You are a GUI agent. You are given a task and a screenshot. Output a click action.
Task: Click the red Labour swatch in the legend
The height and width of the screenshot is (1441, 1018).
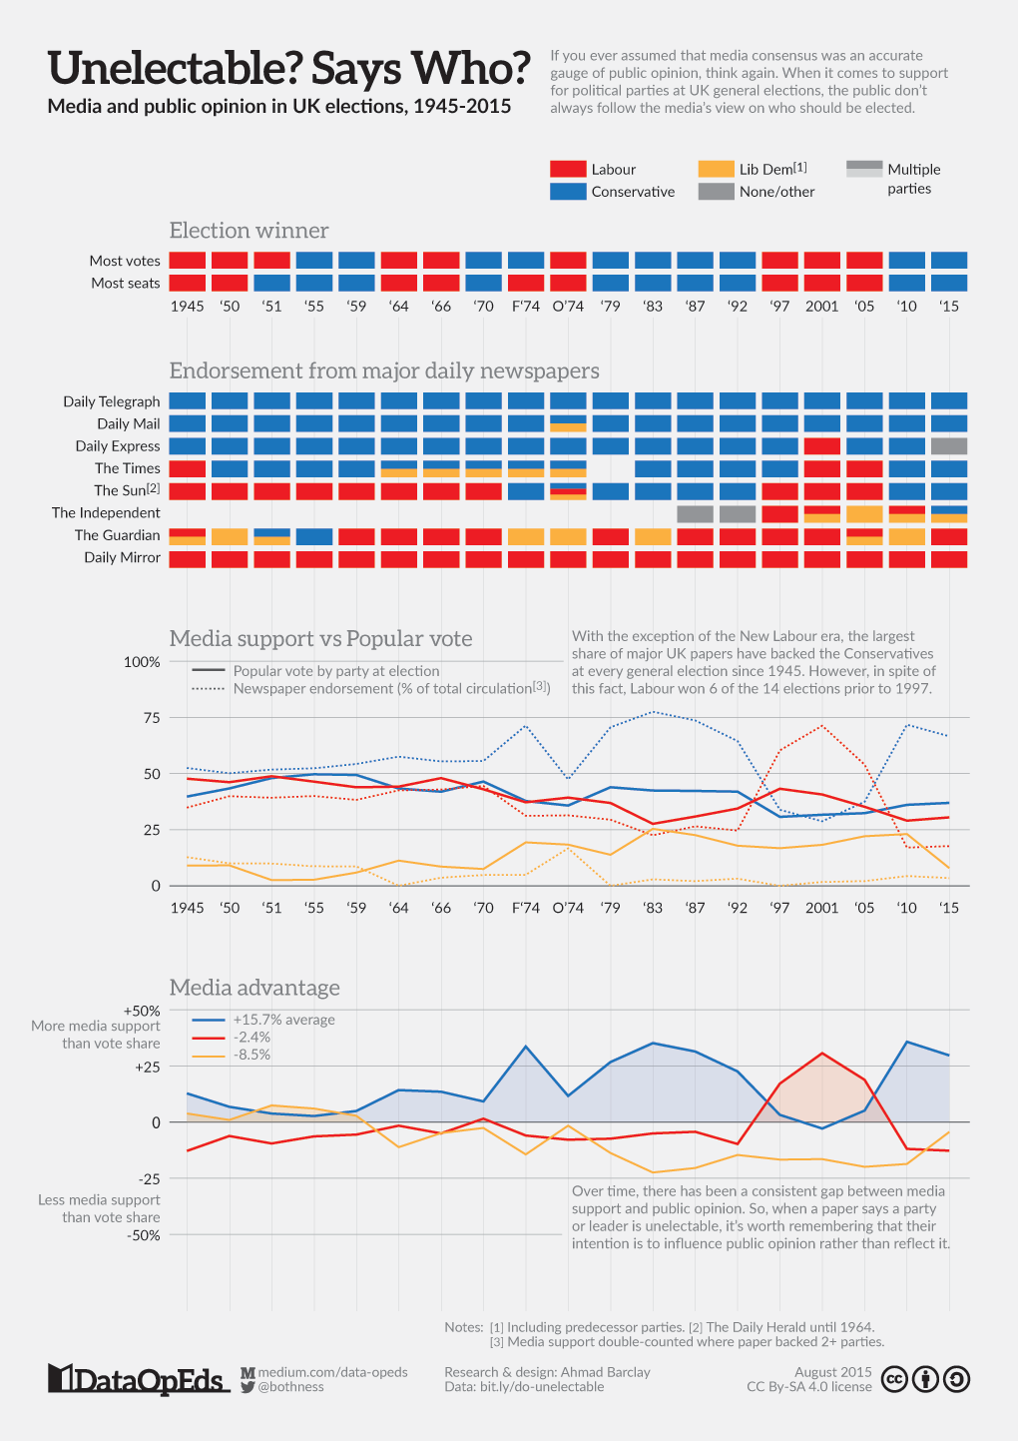(568, 169)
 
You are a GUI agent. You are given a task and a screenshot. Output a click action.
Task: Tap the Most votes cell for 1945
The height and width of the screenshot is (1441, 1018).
(188, 260)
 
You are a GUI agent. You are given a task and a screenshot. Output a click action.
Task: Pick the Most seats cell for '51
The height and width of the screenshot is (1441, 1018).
(272, 283)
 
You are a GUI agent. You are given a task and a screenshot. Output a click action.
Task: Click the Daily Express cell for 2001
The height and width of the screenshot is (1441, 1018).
(821, 445)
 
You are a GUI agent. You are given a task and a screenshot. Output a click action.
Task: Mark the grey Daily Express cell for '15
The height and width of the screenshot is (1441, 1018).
(949, 445)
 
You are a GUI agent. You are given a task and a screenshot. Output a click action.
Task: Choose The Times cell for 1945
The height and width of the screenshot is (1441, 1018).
(188, 468)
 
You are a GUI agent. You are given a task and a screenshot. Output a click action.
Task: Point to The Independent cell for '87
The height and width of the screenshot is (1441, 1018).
(696, 513)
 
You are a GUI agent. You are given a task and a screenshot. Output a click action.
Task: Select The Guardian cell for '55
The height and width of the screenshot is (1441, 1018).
(314, 536)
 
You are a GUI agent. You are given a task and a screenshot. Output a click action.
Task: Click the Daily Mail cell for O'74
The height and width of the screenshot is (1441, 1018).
(568, 423)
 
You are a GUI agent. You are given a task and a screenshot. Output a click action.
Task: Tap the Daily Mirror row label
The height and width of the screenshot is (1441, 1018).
(122, 558)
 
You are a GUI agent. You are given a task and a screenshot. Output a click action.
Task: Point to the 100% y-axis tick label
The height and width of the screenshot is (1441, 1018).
(142, 662)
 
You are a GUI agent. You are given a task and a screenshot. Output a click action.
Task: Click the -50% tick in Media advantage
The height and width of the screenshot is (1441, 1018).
(144, 1235)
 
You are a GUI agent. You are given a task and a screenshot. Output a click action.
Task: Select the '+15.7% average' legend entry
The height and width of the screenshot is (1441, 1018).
(263, 1020)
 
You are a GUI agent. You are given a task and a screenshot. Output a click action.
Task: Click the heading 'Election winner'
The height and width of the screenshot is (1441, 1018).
(249, 231)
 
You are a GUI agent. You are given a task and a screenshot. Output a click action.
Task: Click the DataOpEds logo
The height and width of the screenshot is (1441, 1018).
(139, 1379)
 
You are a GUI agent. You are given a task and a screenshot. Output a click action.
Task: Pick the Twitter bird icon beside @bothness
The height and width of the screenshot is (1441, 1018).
(248, 1388)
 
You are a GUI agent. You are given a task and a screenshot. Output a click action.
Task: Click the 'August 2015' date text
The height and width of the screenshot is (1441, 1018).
(832, 1372)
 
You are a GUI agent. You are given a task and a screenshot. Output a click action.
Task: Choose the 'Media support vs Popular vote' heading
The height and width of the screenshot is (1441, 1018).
(321, 639)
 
